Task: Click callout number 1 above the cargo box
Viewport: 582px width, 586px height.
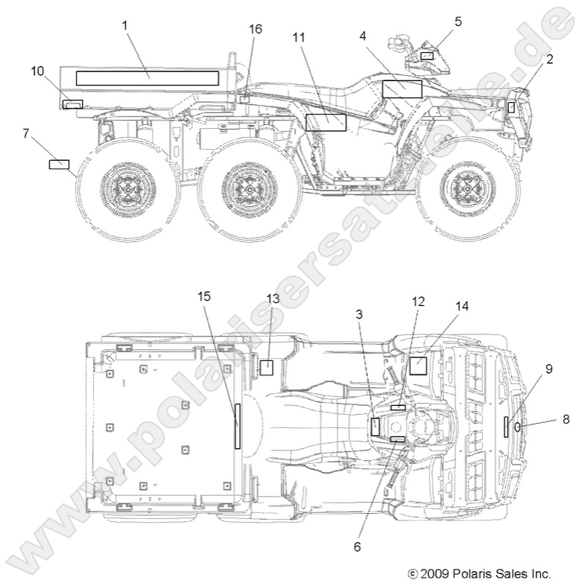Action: coord(125,25)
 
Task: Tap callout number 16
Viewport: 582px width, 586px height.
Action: coord(256,29)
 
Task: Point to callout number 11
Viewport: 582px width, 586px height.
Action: coord(298,36)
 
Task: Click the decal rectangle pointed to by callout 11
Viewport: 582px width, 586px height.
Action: coord(326,123)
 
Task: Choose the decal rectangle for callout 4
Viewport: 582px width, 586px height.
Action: coord(402,89)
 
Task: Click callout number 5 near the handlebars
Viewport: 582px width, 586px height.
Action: coord(458,21)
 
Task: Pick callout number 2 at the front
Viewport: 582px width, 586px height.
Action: coord(549,60)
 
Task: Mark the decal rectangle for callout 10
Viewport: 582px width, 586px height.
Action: coord(72,103)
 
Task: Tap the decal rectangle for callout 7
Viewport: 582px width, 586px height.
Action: coord(59,164)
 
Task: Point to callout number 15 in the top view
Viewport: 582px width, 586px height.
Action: coord(205,297)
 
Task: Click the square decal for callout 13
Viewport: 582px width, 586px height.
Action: coord(266,366)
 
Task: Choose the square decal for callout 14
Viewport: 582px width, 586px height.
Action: coord(418,365)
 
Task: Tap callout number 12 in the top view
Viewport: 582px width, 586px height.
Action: coord(418,302)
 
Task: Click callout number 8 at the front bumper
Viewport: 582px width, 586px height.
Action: coord(566,419)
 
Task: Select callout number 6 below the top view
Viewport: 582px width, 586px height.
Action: coord(357,547)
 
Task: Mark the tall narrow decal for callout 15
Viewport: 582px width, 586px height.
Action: coord(238,425)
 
